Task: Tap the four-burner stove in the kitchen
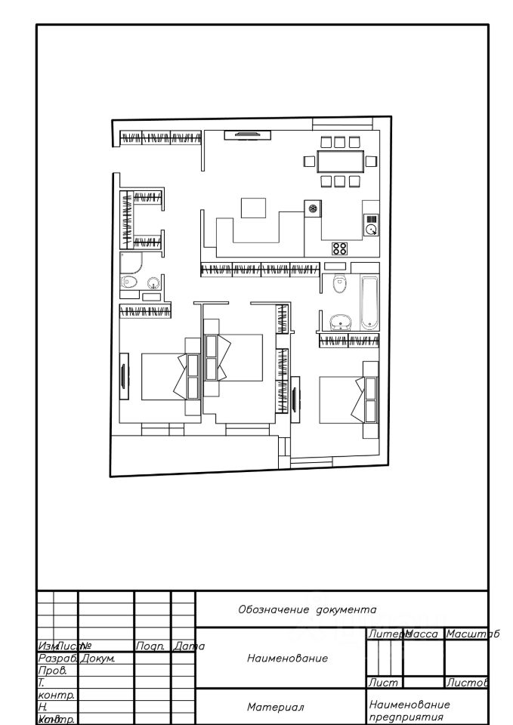tap(340, 247)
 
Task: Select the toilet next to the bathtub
tap(338, 283)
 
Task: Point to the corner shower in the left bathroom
tap(133, 264)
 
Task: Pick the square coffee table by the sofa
tap(252, 208)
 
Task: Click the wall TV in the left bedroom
tap(123, 379)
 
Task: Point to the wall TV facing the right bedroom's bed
tap(295, 399)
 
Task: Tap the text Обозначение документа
tap(307, 609)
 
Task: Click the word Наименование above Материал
tap(287, 658)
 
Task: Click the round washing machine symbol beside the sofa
tap(312, 208)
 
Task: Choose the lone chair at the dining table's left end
tap(309, 161)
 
